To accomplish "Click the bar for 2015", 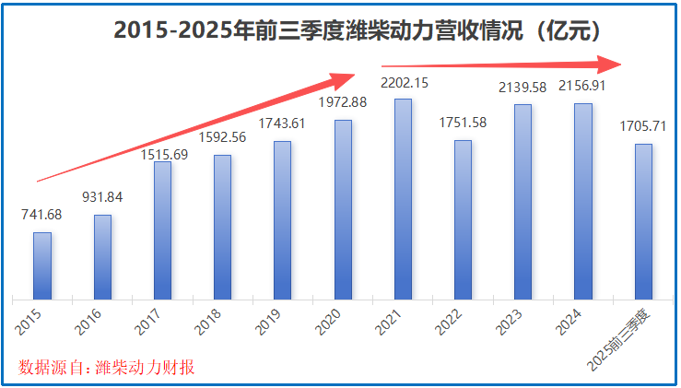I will pyautogui.click(x=42, y=265).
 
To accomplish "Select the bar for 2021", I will pyautogui.click(x=403, y=199).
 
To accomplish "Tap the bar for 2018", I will pyautogui.click(x=222, y=227).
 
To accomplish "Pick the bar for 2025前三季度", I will pyautogui.click(x=643, y=221).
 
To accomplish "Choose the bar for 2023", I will pyautogui.click(x=522, y=202).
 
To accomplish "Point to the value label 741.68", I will pyautogui.click(x=42, y=216).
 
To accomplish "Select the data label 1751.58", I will pyautogui.click(x=463, y=123).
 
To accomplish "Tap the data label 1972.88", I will pyautogui.click(x=342, y=102).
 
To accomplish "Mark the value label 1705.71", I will pyautogui.click(x=643, y=127).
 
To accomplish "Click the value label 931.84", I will pyautogui.click(x=102, y=197).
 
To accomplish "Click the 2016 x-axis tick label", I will pyautogui.click(x=90, y=322).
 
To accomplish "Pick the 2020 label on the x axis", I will pyautogui.click(x=330, y=322).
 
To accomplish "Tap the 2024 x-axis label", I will pyautogui.click(x=570, y=322).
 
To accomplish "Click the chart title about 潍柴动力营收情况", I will pyautogui.click(x=358, y=30).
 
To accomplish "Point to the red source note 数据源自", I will pyautogui.click(x=107, y=366).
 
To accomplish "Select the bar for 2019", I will pyautogui.click(x=282, y=220).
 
